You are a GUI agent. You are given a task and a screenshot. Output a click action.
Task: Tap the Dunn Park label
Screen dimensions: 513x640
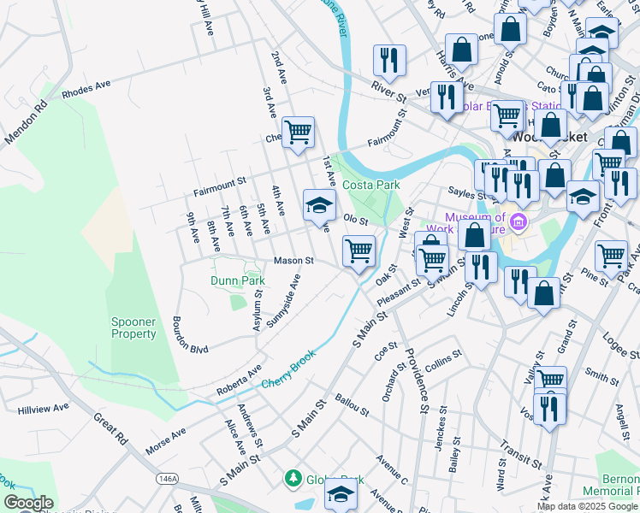pyautogui.click(x=238, y=280)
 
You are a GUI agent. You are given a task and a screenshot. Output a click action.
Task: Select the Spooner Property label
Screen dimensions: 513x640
pyautogui.click(x=133, y=327)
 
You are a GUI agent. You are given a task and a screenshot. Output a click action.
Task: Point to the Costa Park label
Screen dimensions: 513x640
pyautogui.click(x=371, y=185)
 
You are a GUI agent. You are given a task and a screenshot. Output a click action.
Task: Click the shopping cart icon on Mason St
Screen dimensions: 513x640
pyautogui.click(x=359, y=251)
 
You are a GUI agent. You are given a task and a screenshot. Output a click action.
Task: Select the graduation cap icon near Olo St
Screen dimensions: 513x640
pyautogui.click(x=319, y=205)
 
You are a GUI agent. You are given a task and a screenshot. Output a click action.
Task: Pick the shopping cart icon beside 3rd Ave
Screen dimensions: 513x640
pyautogui.click(x=298, y=133)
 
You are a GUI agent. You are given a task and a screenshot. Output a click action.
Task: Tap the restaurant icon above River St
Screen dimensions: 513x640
pyautogui.click(x=389, y=60)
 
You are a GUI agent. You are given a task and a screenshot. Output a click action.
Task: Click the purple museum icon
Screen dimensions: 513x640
pyautogui.click(x=518, y=225)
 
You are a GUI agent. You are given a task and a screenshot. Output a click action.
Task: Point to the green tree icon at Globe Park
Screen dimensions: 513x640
pyautogui.click(x=293, y=477)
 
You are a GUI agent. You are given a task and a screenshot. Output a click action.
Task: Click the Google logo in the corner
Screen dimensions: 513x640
pyautogui.click(x=27, y=503)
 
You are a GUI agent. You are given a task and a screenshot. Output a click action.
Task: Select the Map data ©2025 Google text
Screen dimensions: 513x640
pyautogui.click(x=587, y=506)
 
